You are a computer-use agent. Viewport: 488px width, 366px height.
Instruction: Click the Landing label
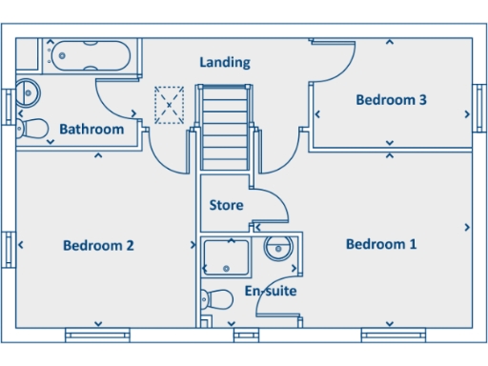tap(225, 63)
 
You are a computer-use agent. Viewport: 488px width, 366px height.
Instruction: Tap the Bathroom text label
tap(91, 130)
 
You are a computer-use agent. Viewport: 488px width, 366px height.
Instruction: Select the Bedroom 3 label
tap(391, 99)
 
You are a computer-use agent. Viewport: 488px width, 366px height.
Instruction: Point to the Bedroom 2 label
tap(98, 246)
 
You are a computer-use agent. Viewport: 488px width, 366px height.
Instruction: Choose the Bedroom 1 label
tap(381, 244)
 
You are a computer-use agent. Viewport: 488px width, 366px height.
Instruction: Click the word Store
tap(226, 205)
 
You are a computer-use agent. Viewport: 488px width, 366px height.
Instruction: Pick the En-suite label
tap(271, 291)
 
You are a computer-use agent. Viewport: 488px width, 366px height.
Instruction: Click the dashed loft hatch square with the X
tap(169, 105)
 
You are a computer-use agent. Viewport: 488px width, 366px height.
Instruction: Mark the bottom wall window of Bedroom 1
tap(392, 335)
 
